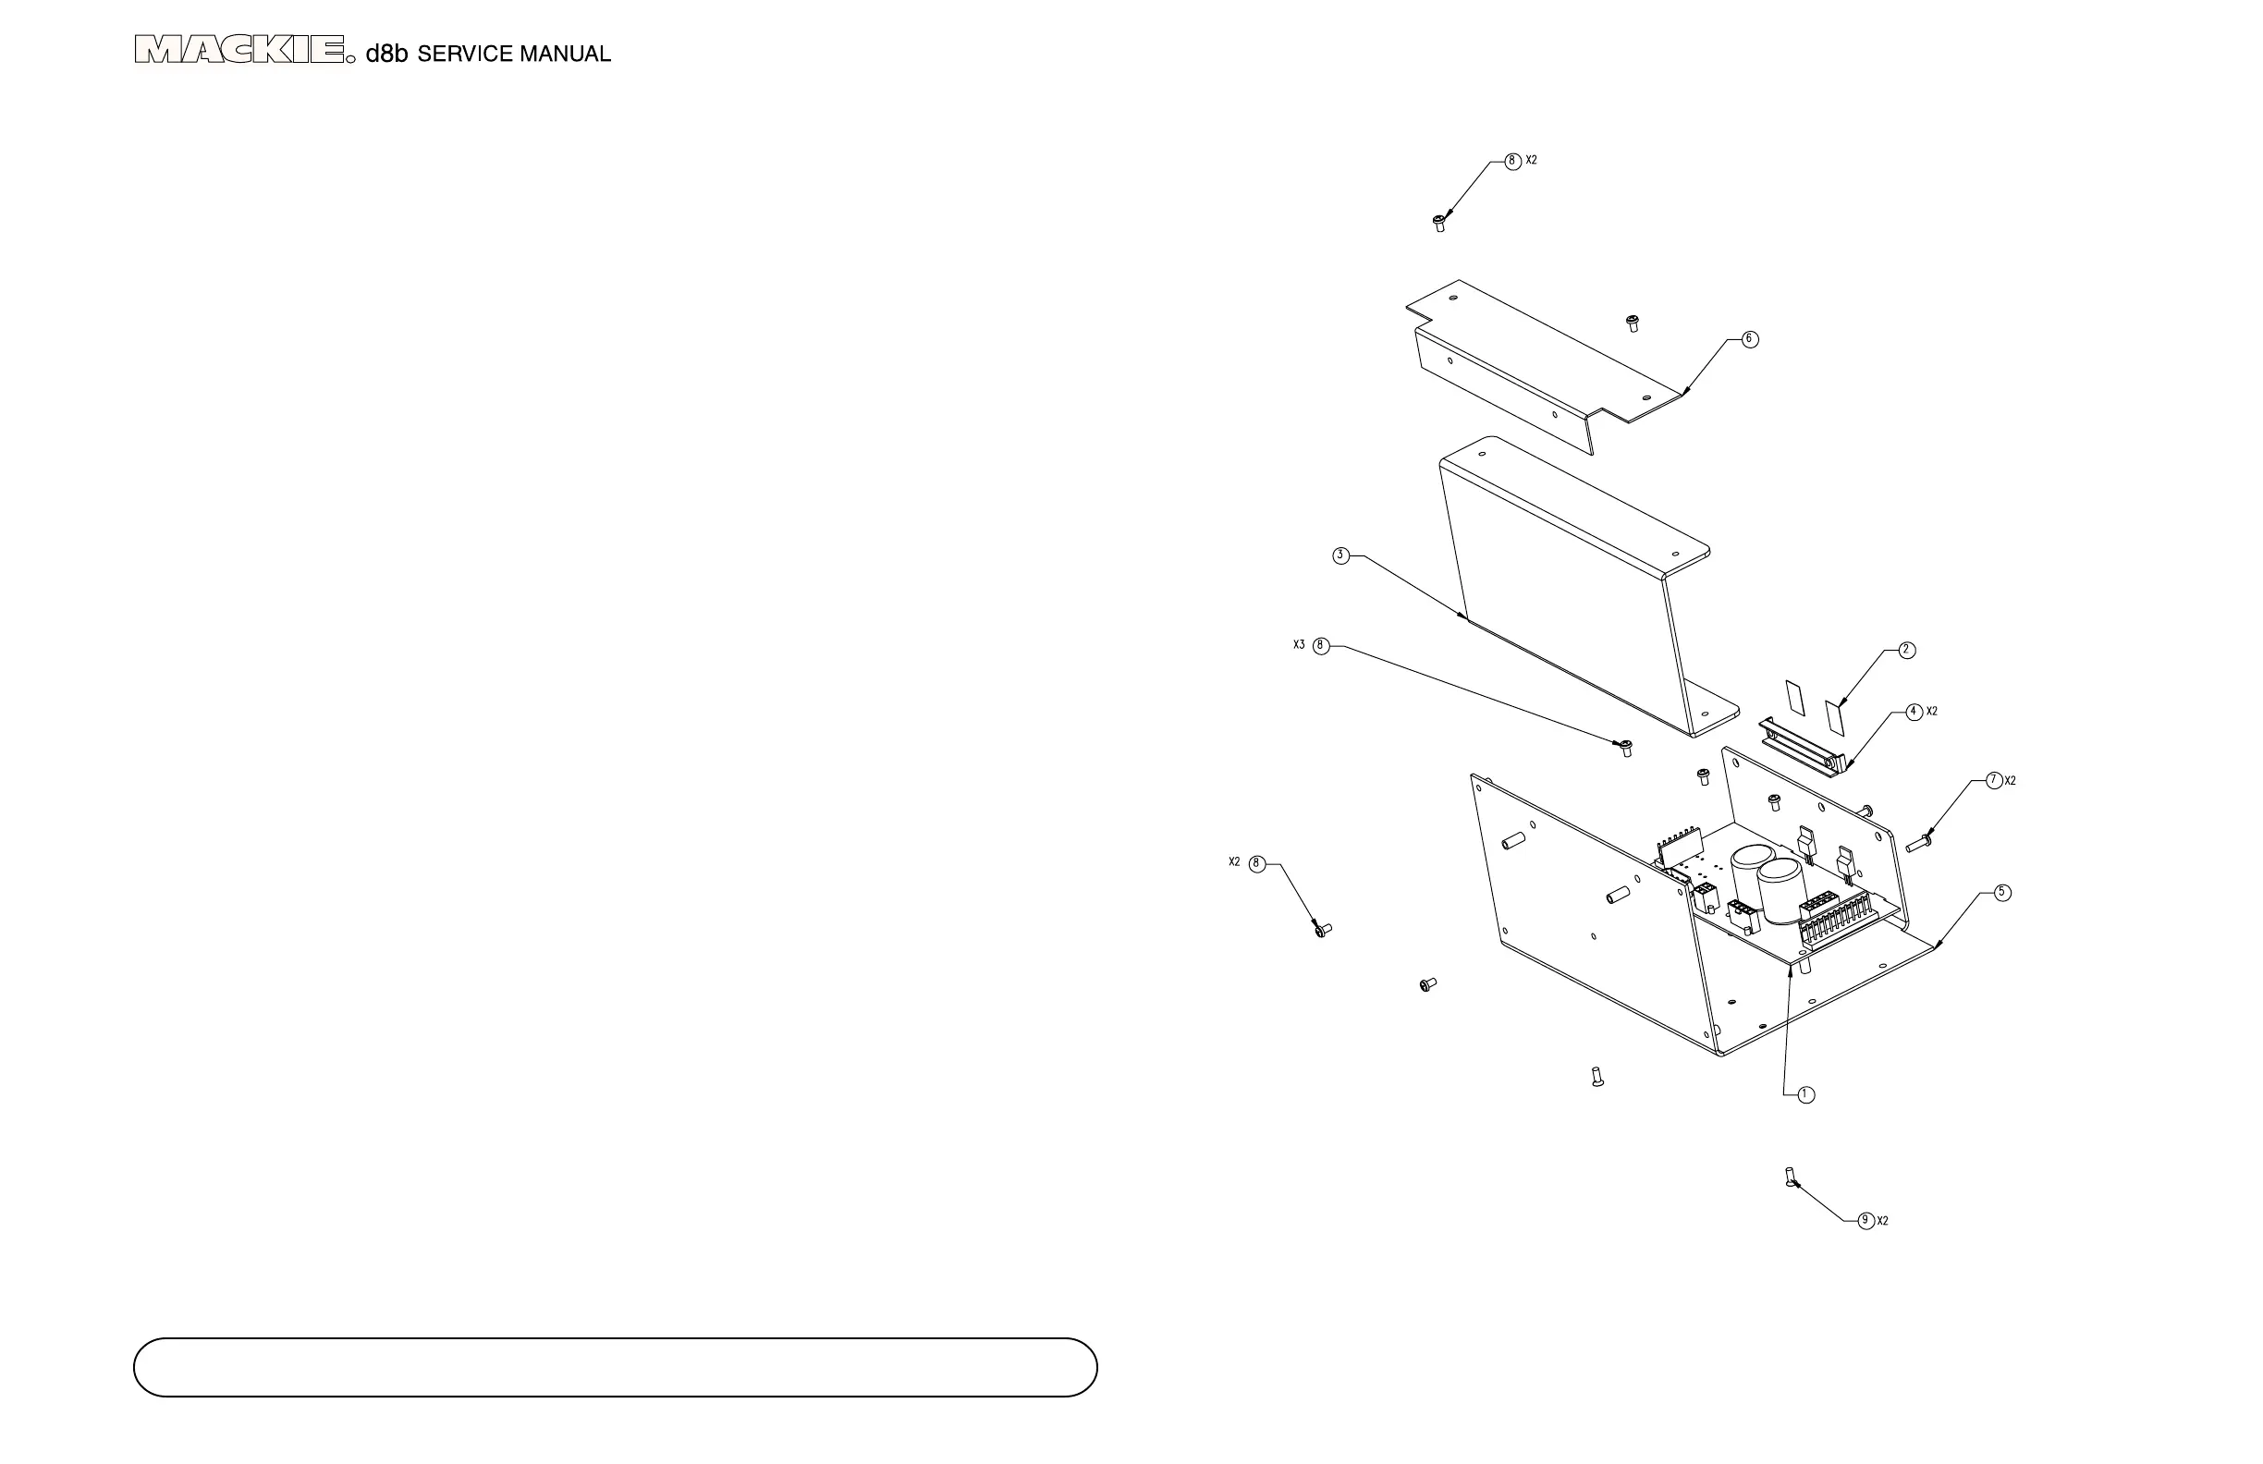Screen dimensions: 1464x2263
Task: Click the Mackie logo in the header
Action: (239, 49)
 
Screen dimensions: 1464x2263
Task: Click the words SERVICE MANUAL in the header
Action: (513, 55)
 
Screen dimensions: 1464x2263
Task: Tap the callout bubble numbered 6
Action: (1750, 339)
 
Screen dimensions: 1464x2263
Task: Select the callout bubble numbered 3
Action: (1340, 556)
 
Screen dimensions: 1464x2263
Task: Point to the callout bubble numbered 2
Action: (1906, 651)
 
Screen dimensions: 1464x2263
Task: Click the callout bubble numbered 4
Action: (1915, 712)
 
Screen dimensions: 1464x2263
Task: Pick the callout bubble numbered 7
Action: (1995, 780)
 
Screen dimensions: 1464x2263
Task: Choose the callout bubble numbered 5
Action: (2002, 893)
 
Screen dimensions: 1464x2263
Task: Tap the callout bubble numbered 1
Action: (1805, 1095)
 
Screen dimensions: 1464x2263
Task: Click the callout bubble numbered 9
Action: (1866, 1221)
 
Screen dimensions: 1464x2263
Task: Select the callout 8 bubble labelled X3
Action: (1321, 646)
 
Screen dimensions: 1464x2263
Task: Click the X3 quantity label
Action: (1299, 645)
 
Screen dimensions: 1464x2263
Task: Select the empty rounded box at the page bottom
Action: (615, 1368)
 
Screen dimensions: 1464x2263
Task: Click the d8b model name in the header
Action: (387, 54)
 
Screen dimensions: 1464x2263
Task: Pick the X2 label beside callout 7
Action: (2010, 781)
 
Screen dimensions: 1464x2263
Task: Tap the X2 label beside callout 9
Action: (1883, 1222)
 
